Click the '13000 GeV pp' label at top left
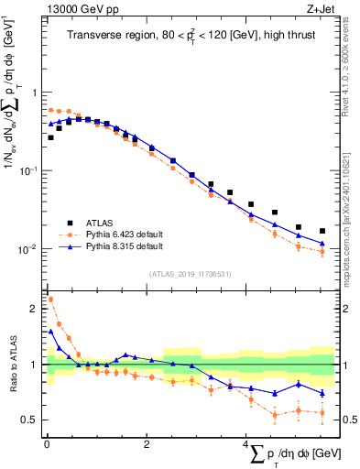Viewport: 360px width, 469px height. pyautogui.click(x=79, y=10)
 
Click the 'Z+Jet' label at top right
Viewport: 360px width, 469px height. pyautogui.click(x=320, y=10)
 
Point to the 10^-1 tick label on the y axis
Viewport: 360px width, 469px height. pyautogui.click(x=29, y=171)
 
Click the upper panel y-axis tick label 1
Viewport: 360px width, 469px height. pyautogui.click(x=34, y=93)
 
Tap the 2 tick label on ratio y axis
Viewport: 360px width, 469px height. pyautogui.click(x=34, y=309)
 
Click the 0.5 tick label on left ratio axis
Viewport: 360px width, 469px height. pyautogui.click(x=29, y=420)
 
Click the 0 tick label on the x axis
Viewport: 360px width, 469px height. pyautogui.click(x=46, y=444)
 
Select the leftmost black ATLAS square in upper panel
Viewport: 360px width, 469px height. pyautogui.click(x=50, y=137)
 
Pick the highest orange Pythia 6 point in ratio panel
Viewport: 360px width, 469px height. pyautogui.click(x=50, y=299)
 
